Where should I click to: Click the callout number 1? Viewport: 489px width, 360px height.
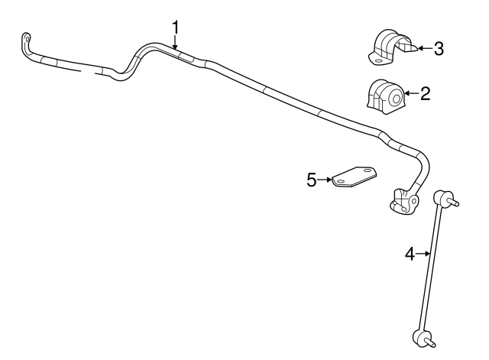click(176, 28)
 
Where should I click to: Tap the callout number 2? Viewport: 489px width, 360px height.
click(425, 93)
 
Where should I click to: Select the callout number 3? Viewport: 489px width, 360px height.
click(439, 49)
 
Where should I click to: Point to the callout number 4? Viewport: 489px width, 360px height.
click(410, 254)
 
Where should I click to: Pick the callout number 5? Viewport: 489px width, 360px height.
click(312, 180)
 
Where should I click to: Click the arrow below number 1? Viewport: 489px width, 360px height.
click(175, 43)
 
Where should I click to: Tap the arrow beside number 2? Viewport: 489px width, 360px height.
click(412, 93)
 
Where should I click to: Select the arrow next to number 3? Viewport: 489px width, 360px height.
click(426, 48)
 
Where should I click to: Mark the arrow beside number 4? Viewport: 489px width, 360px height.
click(423, 254)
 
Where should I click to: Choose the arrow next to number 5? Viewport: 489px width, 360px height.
click(325, 180)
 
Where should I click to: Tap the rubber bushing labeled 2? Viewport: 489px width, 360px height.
click(385, 95)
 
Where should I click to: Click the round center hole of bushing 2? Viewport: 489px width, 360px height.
click(397, 99)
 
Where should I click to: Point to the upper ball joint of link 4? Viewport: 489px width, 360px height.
click(439, 197)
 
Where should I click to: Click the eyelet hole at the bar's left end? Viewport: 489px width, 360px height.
click(27, 39)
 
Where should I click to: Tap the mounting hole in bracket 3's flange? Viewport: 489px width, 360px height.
click(378, 61)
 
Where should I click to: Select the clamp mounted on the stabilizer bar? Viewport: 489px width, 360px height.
click(403, 202)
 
